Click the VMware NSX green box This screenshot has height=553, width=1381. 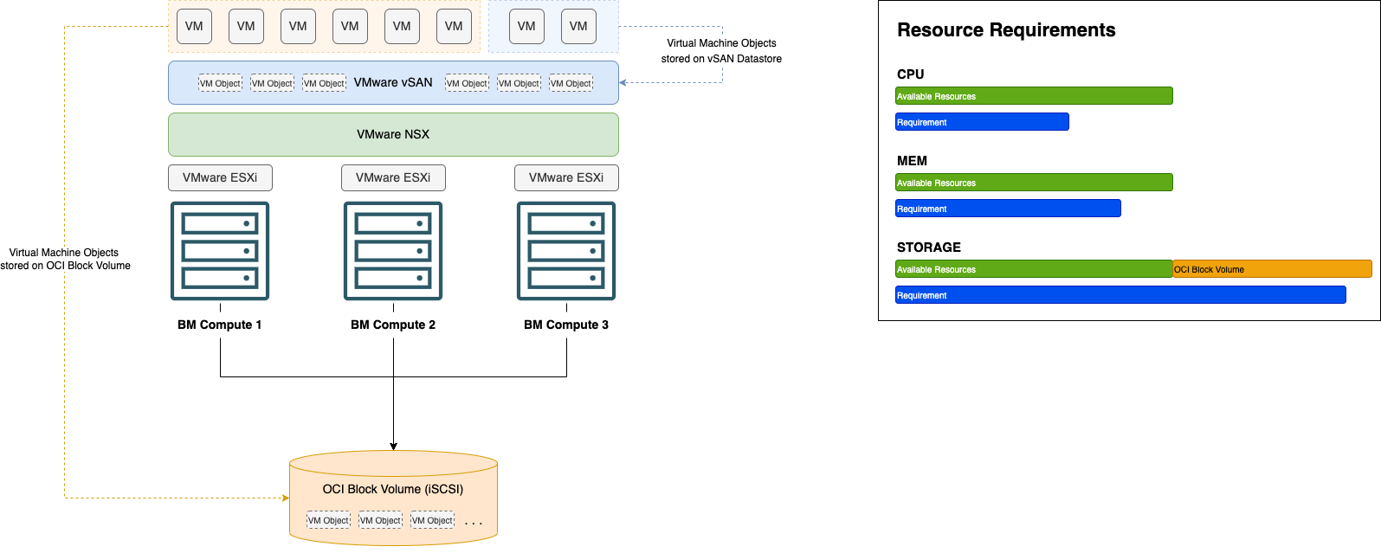(x=393, y=134)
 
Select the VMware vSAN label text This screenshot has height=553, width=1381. (x=393, y=82)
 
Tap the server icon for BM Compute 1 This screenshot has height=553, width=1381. (x=220, y=251)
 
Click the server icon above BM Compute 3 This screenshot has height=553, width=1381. (x=566, y=251)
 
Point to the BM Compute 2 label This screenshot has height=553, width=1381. (x=393, y=325)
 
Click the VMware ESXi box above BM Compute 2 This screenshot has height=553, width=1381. (x=393, y=177)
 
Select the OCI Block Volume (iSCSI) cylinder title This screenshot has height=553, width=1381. (x=393, y=489)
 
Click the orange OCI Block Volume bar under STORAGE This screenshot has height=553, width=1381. (x=1272, y=269)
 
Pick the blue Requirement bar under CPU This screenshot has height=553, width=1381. (x=982, y=122)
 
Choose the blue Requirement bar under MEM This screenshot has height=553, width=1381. (x=1008, y=209)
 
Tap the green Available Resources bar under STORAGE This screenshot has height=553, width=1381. (x=1034, y=269)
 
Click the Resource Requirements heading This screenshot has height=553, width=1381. (x=1006, y=30)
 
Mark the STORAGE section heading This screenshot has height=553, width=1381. (x=928, y=248)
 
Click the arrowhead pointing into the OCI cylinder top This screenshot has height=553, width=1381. (x=393, y=447)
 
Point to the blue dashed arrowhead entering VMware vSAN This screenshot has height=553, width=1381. (x=623, y=83)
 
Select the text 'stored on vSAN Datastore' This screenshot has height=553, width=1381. (x=721, y=59)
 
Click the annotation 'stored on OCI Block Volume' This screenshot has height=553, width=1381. (x=66, y=266)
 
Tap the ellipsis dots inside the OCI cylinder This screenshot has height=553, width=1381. (x=473, y=523)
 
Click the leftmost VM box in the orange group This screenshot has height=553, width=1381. (x=194, y=26)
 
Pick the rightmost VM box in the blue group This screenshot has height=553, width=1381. (x=578, y=26)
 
